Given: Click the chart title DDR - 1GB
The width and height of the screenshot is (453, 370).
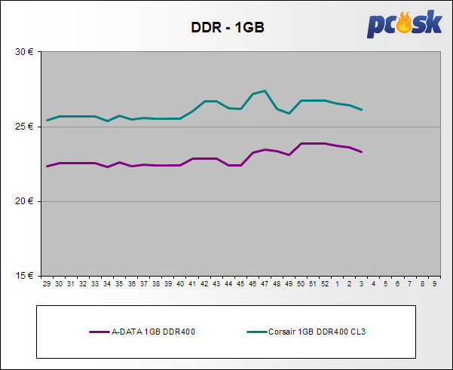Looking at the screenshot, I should tap(226, 29).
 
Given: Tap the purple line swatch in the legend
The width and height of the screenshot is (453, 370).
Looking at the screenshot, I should tap(99, 331).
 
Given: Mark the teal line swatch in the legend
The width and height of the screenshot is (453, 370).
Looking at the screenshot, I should tap(257, 331).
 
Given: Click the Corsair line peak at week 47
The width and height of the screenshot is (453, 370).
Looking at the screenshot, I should tap(265, 91).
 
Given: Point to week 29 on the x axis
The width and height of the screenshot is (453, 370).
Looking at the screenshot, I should tap(47, 284).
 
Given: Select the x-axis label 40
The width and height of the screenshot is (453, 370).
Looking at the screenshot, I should tap(180, 284).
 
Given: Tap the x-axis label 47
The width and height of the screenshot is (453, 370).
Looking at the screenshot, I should tap(265, 284).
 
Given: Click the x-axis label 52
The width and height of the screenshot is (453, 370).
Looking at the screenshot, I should tap(325, 284).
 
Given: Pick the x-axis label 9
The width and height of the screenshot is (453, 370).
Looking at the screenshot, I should tap(434, 284).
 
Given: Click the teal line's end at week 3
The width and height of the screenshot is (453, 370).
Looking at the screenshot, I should tap(362, 110).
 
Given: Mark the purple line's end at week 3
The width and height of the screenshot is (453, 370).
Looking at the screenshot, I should tap(362, 151).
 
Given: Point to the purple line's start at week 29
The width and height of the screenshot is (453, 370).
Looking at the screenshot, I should tap(47, 166).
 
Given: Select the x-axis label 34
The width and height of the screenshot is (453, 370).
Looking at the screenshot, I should tap(107, 284).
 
